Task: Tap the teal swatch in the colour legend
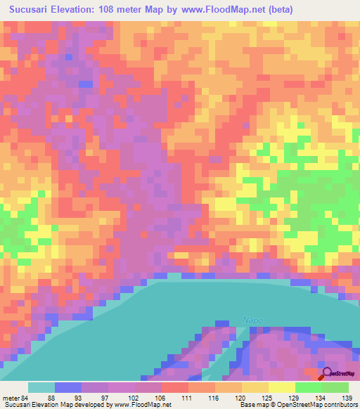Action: pyautogui.click(x=41, y=387)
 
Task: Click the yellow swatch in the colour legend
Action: pyautogui.click(x=255, y=387)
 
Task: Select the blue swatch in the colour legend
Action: pyautogui.click(x=68, y=387)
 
